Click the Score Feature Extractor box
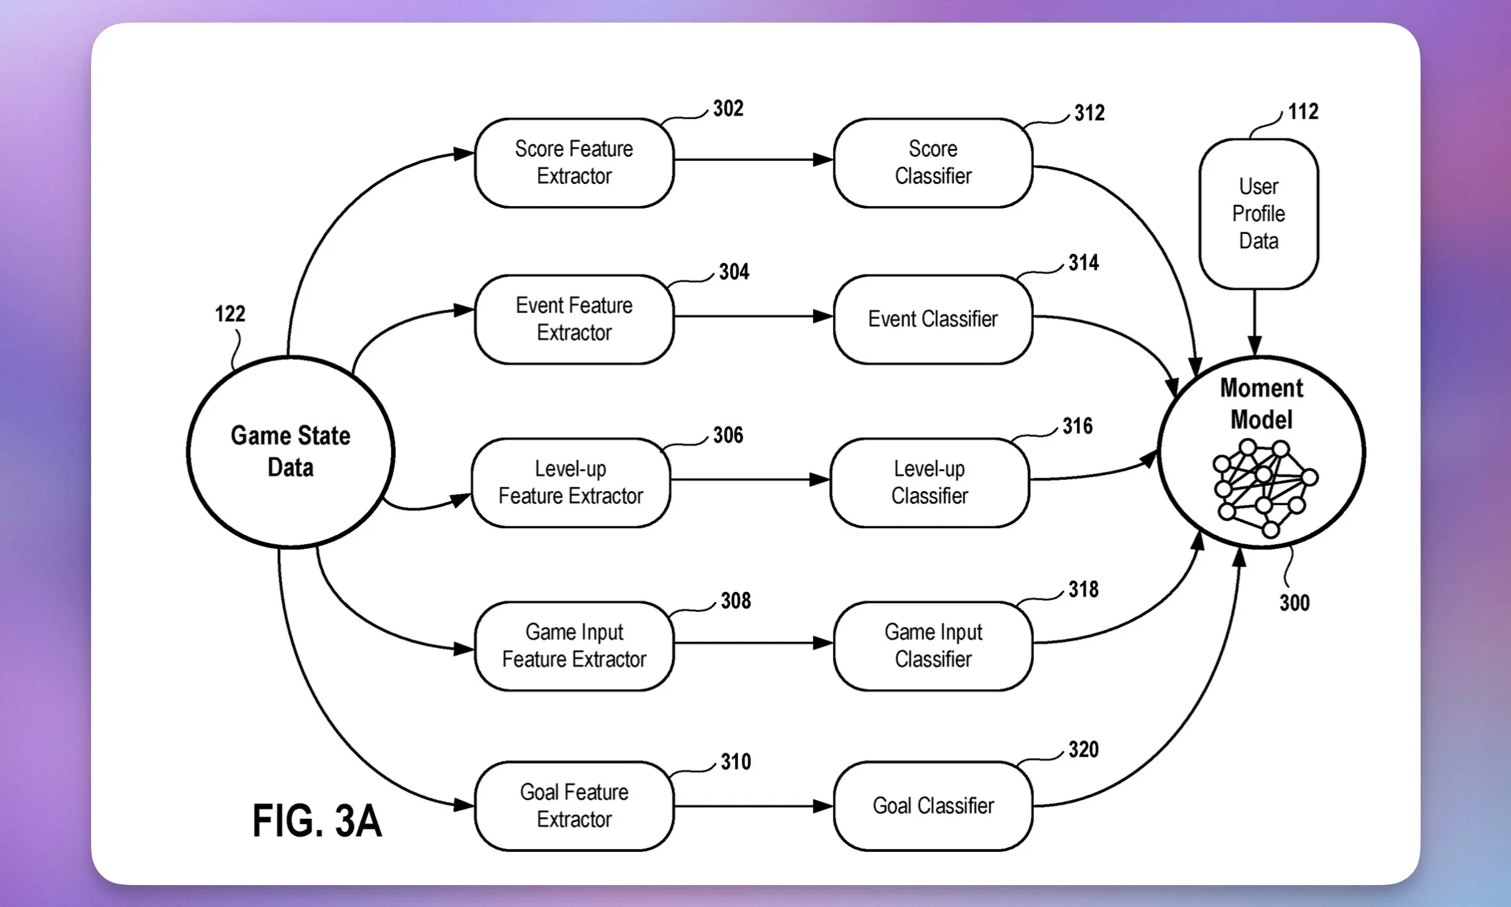574,163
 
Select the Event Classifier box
933,320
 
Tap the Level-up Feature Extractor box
571,483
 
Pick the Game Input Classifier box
933,646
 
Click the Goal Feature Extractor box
574,806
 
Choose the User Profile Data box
1258,214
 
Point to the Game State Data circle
291,452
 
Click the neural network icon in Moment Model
1264,488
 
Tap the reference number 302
728,108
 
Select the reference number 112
1303,112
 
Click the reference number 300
1294,603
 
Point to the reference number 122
230,314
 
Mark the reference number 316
1077,426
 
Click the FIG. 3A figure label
317,821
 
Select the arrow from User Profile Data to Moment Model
1254,323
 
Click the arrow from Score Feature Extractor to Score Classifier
754,159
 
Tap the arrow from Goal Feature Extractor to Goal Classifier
754,806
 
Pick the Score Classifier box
933,163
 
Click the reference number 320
1083,750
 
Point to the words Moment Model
1261,404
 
